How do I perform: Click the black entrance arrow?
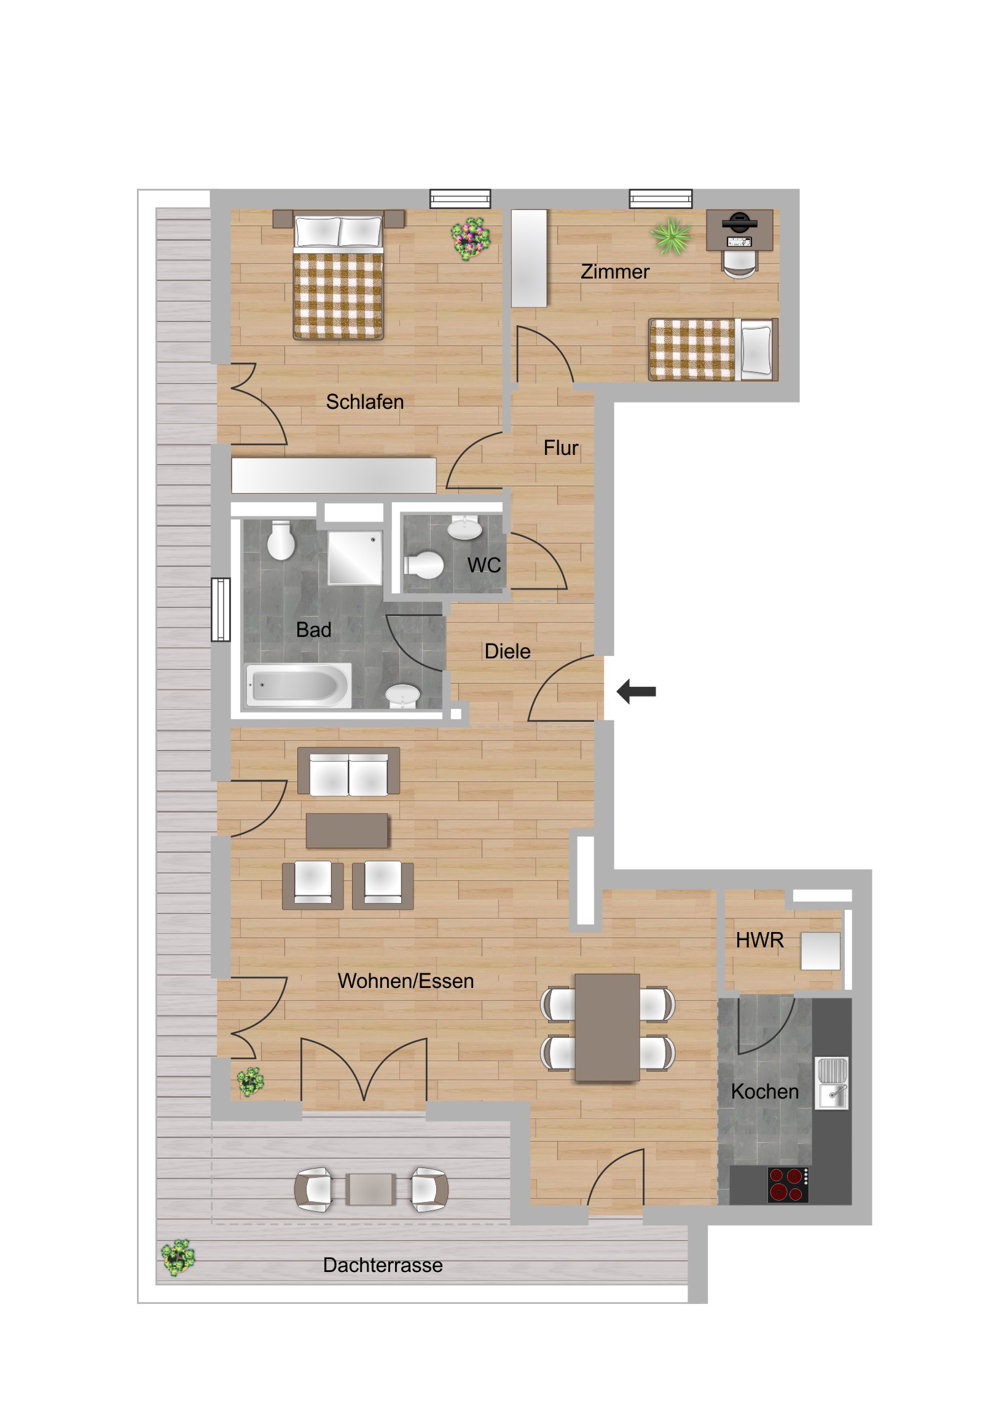click(636, 691)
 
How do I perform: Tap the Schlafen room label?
click(364, 401)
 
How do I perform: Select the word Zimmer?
click(614, 272)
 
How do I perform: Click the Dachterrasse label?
click(382, 1265)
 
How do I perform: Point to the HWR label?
click(759, 940)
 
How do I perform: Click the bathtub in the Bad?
click(298, 685)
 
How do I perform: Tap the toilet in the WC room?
click(424, 565)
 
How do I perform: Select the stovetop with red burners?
click(787, 1184)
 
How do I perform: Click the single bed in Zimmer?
click(713, 349)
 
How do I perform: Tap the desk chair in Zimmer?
click(739, 263)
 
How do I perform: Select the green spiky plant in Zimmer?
click(671, 237)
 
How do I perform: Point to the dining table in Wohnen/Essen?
click(607, 1027)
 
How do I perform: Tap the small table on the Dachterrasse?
click(370, 1188)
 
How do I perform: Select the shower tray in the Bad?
click(355, 558)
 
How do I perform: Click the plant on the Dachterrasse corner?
click(178, 1257)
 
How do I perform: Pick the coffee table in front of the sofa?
click(347, 830)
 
